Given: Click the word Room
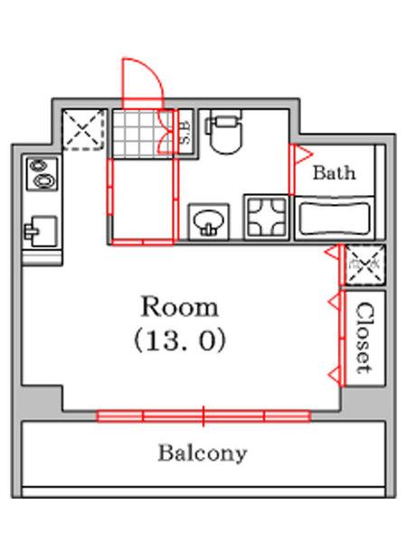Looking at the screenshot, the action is [180, 306].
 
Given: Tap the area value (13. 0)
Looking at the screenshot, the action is [180, 341].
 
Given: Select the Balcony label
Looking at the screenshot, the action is [203, 453].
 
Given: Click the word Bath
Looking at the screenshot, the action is [334, 173].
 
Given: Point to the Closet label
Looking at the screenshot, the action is [364, 339].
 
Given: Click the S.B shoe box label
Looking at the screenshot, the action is [185, 133].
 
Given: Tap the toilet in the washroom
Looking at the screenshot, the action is [226, 135].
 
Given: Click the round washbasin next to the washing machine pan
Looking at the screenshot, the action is [209, 221].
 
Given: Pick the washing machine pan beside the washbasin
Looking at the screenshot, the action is [267, 217].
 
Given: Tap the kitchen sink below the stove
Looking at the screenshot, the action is [41, 231].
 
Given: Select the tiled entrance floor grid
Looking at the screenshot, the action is [143, 134].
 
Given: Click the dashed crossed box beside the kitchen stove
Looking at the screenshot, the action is [83, 129].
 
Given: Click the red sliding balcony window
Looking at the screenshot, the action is [203, 416].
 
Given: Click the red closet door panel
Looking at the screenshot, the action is [342, 338].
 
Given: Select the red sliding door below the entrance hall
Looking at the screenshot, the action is [143, 241].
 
